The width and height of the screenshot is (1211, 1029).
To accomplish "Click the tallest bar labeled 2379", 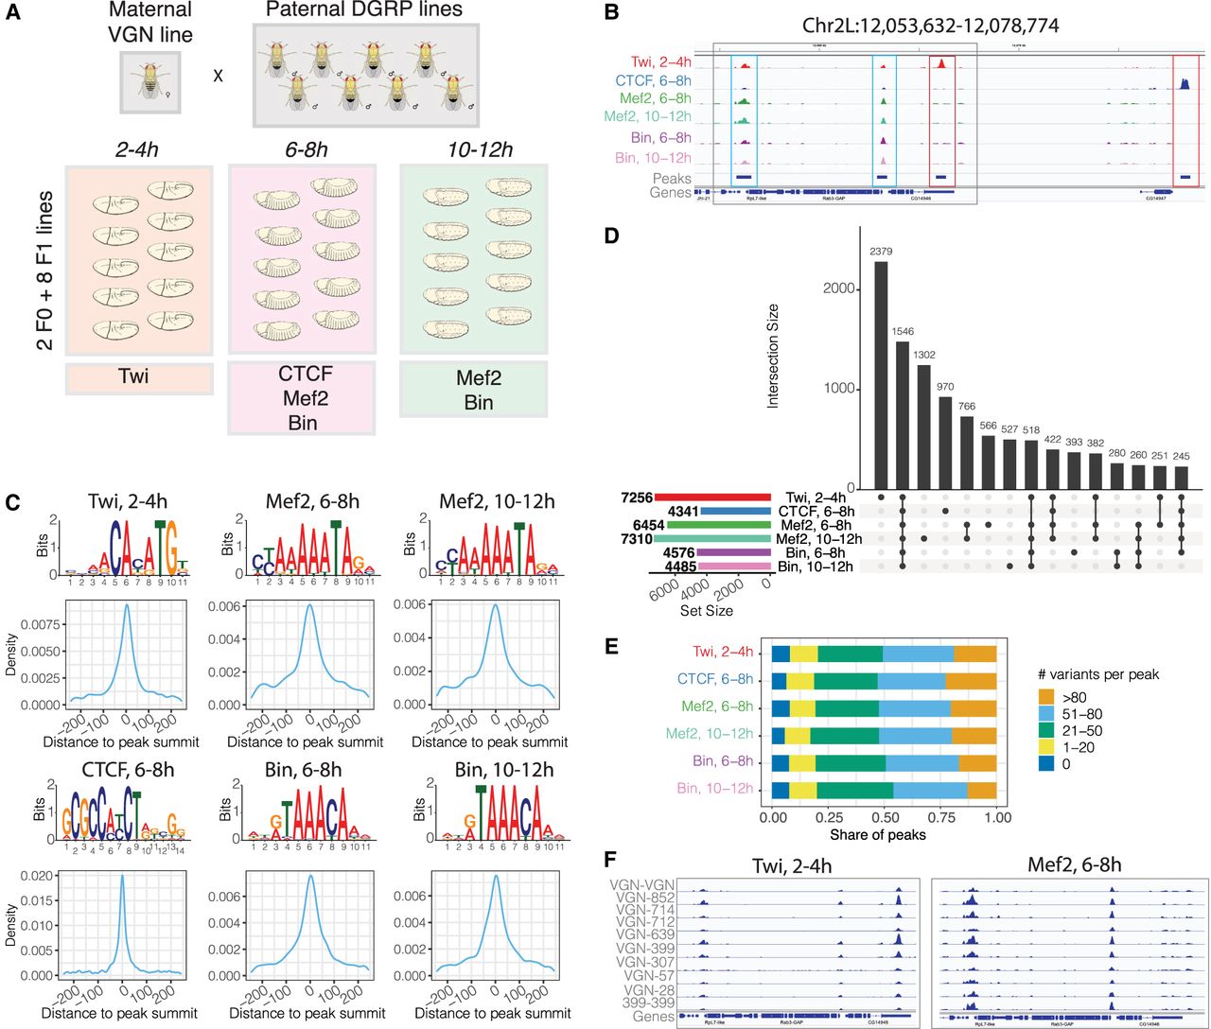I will [x=881, y=375].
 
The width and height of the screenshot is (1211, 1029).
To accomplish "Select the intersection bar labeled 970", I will [x=945, y=442].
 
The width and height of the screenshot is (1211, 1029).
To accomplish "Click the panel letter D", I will [x=612, y=235].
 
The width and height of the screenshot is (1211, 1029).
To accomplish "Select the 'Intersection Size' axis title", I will [x=773, y=355].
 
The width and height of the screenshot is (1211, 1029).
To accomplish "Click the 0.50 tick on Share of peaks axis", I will [x=885, y=817].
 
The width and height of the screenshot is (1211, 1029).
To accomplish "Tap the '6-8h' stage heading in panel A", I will [x=306, y=149].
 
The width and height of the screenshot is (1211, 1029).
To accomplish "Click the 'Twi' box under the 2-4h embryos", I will [x=139, y=376].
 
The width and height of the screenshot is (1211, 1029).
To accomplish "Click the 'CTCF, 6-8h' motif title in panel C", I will [x=121, y=770].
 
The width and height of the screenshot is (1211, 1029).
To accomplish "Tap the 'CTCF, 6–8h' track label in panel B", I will [x=653, y=81].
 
